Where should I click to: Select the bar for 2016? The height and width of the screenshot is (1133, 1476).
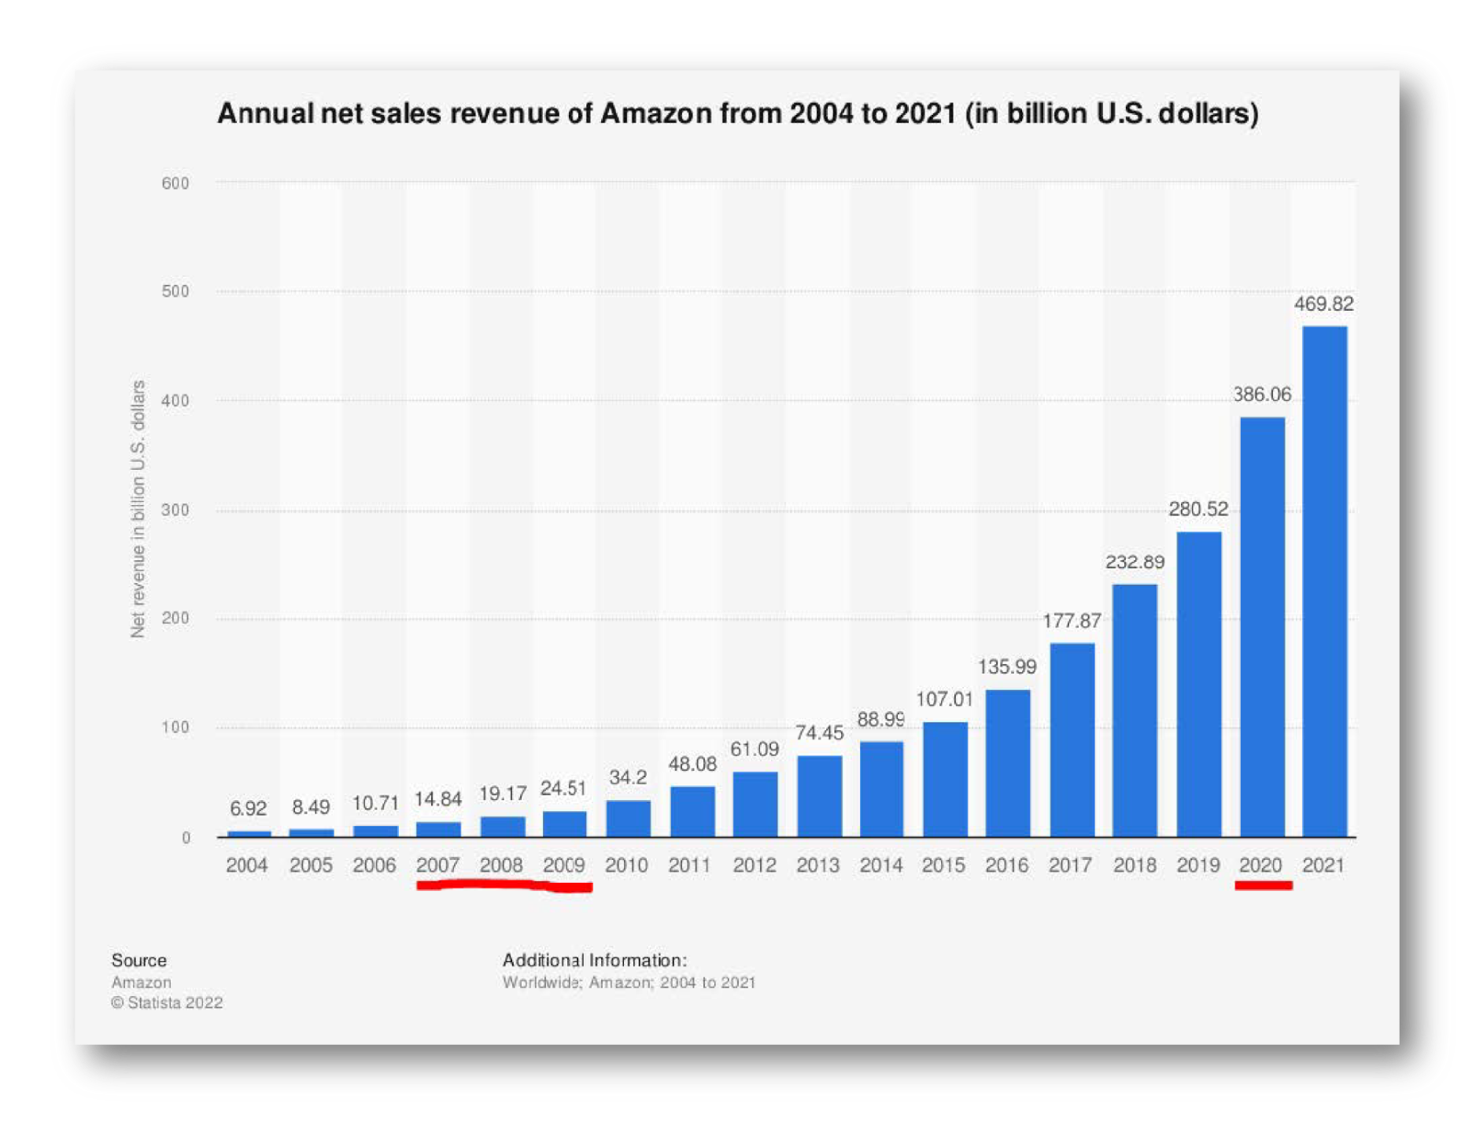pyautogui.click(x=1007, y=762)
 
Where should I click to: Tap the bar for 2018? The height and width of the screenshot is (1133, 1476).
pyautogui.click(x=1135, y=710)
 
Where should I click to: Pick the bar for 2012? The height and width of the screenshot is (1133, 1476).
pyautogui.click(x=755, y=803)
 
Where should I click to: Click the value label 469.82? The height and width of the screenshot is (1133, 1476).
pyautogui.click(x=1324, y=304)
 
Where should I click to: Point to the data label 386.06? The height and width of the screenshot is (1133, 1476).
pyautogui.click(x=1262, y=394)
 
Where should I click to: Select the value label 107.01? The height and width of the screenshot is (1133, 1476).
pyautogui.click(x=944, y=699)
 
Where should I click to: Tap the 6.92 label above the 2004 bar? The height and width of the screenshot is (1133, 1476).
pyautogui.click(x=248, y=808)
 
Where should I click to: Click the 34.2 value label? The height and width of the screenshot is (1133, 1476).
pyautogui.click(x=628, y=777)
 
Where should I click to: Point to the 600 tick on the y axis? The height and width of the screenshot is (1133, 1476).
pyautogui.click(x=175, y=183)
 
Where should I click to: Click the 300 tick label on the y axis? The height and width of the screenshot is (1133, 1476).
pyautogui.click(x=175, y=510)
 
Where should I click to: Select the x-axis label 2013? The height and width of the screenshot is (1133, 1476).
pyautogui.click(x=818, y=865)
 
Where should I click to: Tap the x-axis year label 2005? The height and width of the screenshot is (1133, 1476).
pyautogui.click(x=311, y=865)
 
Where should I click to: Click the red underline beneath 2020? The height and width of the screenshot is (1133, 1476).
pyautogui.click(x=1264, y=886)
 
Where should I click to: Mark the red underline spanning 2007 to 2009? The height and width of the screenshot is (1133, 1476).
pyautogui.click(x=504, y=885)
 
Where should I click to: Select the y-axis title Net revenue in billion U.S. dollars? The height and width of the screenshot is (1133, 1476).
pyautogui.click(x=138, y=508)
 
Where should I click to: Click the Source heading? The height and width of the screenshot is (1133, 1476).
pyautogui.click(x=139, y=960)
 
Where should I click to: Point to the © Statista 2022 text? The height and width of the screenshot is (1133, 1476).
pyautogui.click(x=167, y=1002)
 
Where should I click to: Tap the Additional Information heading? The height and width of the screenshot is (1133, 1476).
pyautogui.click(x=595, y=960)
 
